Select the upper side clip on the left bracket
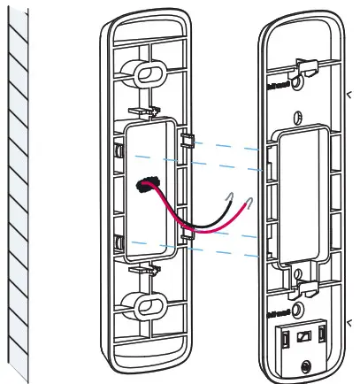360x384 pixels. tap(188, 140)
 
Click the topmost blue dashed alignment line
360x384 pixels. tap(230, 144)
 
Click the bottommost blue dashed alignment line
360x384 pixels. tap(230, 254)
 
